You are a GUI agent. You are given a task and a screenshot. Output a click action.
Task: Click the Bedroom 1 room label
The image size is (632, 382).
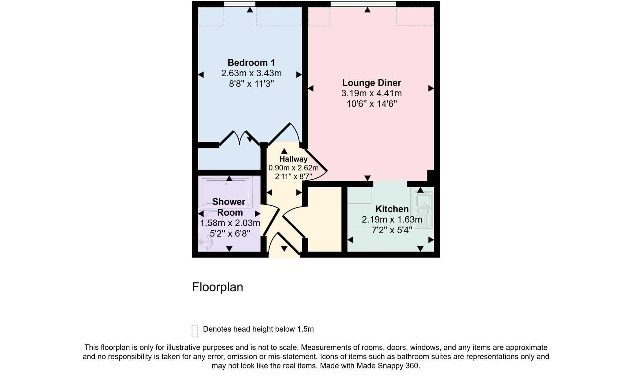(x=251, y=63)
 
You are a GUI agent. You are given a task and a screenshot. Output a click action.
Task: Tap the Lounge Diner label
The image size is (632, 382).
(x=372, y=83)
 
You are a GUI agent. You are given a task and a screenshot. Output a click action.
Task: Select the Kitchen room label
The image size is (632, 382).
(x=392, y=209)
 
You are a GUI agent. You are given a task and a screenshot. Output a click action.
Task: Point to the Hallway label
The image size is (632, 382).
(x=293, y=159)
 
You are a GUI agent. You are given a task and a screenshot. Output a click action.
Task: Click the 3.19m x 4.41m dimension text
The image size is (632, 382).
(x=372, y=93)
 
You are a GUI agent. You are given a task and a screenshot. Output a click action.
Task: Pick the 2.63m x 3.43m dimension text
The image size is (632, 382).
(x=251, y=73)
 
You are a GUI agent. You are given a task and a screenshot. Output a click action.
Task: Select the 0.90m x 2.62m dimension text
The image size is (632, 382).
(x=293, y=168)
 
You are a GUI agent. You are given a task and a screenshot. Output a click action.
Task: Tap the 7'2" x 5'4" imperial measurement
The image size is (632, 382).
(x=392, y=230)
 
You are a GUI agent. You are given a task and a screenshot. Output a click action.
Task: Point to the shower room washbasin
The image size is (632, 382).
(x=205, y=242)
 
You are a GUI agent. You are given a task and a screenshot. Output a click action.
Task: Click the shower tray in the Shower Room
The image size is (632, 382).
(x=225, y=191)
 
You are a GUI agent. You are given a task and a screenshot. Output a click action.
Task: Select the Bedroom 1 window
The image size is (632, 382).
(x=239, y=4)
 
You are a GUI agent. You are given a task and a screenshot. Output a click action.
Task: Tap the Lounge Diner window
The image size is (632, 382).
(x=363, y=4)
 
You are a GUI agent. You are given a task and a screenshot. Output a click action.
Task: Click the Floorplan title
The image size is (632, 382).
(x=218, y=287)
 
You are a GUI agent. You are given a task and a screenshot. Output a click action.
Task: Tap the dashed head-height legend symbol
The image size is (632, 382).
(x=195, y=331)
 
